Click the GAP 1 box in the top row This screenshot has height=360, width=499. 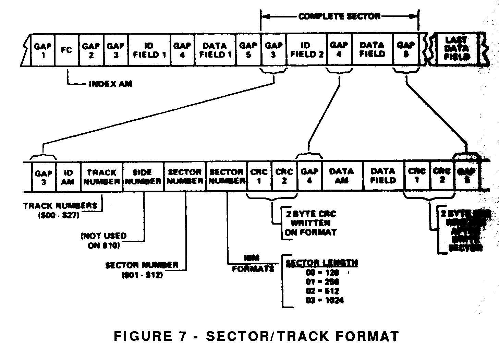43,50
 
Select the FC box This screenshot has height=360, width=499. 67,50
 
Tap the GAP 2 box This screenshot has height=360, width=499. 91,50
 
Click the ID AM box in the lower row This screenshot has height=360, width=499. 68,177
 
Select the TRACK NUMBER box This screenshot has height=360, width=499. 101,177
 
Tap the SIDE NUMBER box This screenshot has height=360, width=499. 143,177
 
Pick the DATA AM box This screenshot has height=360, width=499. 341,176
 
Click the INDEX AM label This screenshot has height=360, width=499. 110,84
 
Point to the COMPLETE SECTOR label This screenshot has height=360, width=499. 339,16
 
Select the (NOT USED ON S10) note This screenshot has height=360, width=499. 104,241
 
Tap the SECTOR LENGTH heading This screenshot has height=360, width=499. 322,263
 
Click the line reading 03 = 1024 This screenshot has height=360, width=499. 324,301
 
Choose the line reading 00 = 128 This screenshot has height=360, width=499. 322,273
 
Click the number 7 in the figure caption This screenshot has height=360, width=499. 182,336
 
